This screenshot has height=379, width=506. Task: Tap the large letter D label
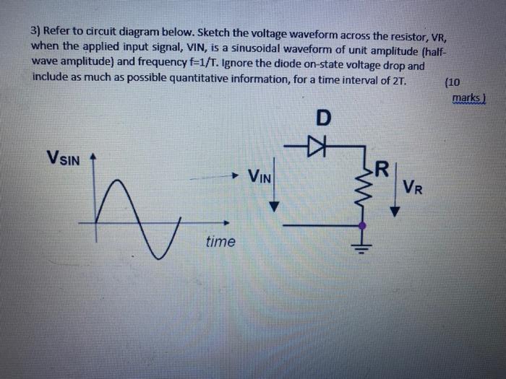click(322, 118)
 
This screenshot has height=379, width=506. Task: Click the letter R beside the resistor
click(382, 171)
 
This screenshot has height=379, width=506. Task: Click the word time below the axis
click(220, 242)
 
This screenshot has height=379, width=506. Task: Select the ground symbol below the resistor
click(362, 248)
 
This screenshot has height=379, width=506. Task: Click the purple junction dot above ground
click(362, 225)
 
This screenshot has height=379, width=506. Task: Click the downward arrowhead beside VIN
click(274, 206)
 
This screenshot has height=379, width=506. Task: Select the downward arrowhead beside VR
click(395, 212)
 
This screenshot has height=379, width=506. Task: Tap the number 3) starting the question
click(38, 31)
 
